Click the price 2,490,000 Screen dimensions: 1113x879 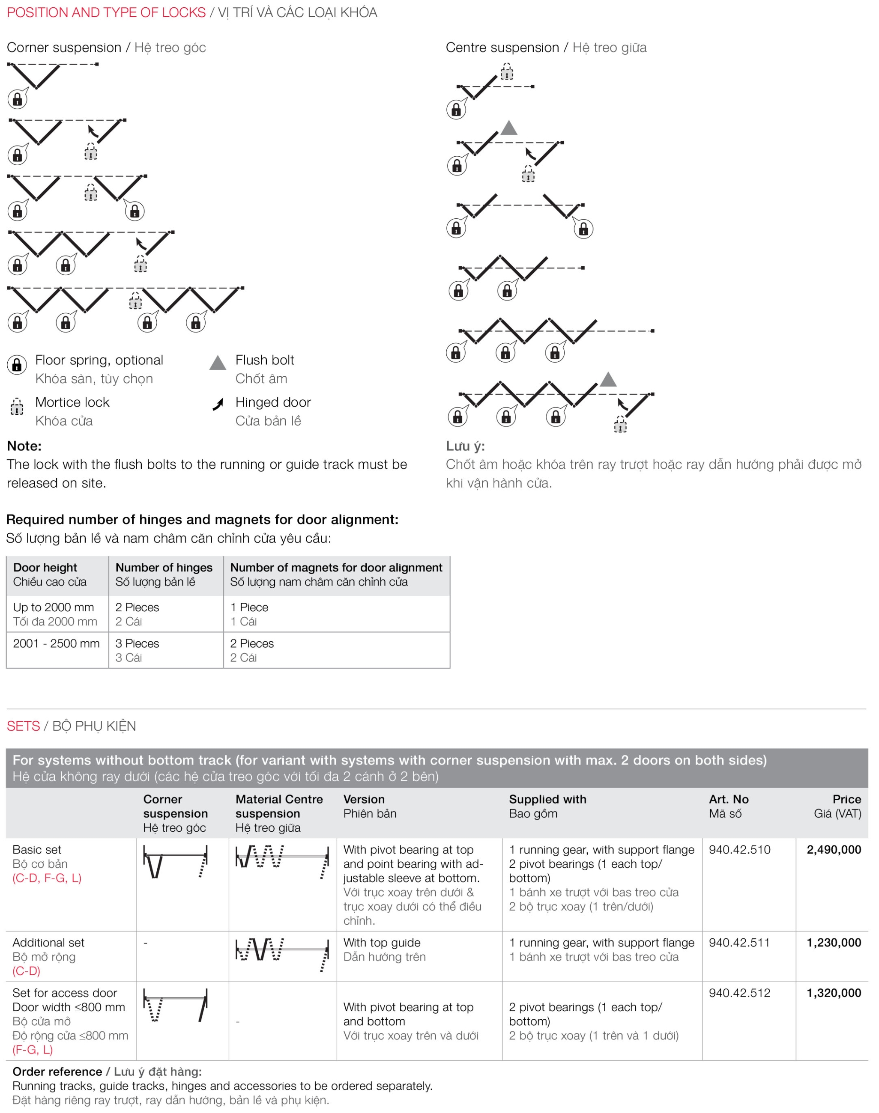click(x=833, y=850)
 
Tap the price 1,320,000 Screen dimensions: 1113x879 click(x=833, y=993)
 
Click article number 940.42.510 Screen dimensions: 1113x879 click(x=739, y=850)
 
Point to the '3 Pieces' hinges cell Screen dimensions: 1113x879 click(x=137, y=643)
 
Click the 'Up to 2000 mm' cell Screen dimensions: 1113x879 click(x=54, y=607)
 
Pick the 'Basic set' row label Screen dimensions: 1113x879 click(x=36, y=850)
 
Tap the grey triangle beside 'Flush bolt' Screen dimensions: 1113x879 click(x=218, y=363)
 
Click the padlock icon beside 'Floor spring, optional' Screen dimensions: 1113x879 click(x=17, y=365)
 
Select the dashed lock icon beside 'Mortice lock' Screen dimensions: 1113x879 click(x=17, y=406)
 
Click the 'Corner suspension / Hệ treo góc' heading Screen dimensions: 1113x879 click(x=106, y=48)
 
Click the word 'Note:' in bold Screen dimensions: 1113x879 click(x=24, y=446)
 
